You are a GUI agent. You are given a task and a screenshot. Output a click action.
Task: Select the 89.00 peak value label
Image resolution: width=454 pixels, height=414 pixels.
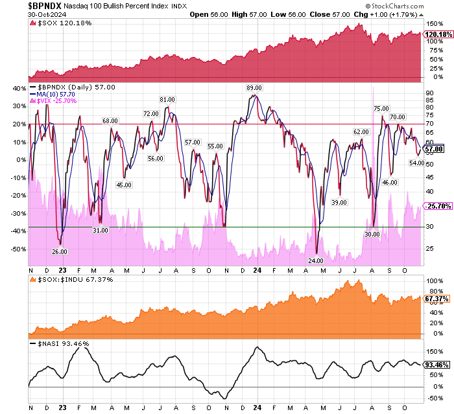[x=253, y=87]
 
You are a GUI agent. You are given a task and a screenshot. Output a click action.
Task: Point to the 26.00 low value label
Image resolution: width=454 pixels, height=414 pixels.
[x=60, y=251]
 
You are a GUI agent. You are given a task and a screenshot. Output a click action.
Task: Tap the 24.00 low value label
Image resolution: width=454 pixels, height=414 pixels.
[x=316, y=260]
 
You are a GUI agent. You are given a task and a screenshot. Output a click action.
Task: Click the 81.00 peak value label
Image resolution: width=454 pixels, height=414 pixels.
[x=167, y=99]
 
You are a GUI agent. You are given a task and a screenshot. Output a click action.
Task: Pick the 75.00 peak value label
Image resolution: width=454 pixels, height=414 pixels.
[x=381, y=108]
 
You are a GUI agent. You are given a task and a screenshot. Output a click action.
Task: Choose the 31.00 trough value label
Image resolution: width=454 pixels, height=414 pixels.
[x=101, y=230]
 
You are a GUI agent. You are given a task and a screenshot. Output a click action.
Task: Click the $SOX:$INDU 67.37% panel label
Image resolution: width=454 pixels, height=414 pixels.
[x=67, y=279]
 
